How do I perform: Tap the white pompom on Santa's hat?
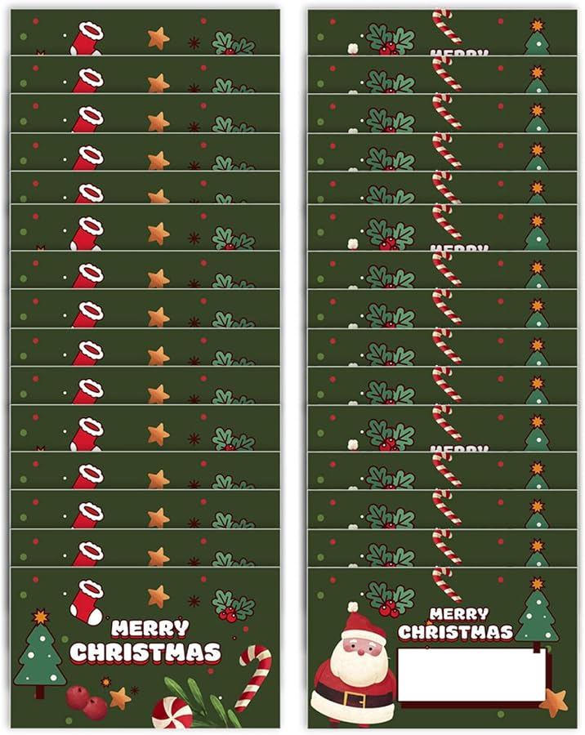pos(353,608)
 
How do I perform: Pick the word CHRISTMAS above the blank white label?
pos(455,632)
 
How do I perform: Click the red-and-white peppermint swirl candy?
pos(172,712)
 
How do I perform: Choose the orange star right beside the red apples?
pos(120,698)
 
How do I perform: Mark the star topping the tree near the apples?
pos(40,616)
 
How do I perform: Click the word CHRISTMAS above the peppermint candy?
pos(145,653)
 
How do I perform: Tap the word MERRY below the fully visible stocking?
pos(150,629)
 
